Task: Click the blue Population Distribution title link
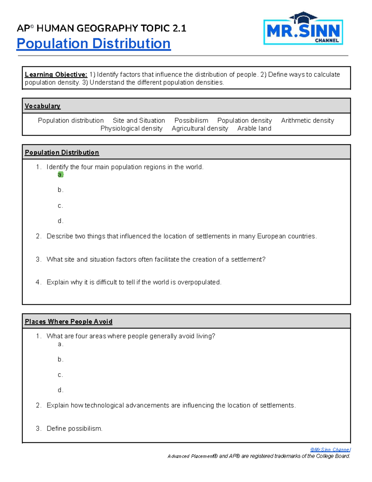click(94, 43)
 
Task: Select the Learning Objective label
click(56, 74)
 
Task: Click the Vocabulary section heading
click(42, 106)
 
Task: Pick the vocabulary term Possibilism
click(191, 120)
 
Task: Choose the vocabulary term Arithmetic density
click(307, 120)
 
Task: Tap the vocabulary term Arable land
click(254, 128)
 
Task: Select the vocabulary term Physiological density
click(131, 128)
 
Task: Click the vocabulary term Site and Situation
click(139, 120)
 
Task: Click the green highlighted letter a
click(60, 175)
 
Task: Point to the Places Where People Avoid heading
click(69, 322)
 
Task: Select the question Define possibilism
click(74, 429)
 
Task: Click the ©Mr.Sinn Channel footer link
click(330, 449)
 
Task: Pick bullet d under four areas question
click(60, 390)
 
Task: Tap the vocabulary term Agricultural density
click(200, 128)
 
